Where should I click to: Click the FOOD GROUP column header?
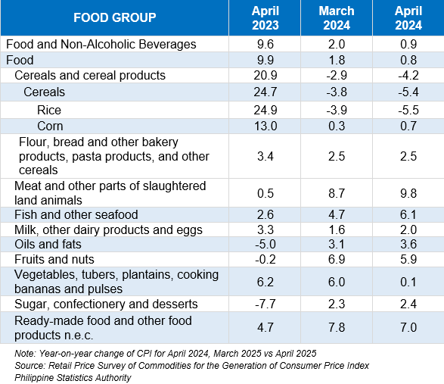pyautogui.click(x=115, y=17)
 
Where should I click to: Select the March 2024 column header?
pyautogui.click(x=337, y=18)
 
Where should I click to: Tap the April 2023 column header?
pyautogui.click(x=265, y=18)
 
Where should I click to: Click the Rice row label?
pyautogui.click(x=49, y=110)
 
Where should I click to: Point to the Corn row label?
pyautogui.click(x=50, y=126)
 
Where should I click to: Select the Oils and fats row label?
pyautogui.click(x=48, y=244)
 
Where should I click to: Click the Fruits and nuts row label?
pyautogui.click(x=54, y=259)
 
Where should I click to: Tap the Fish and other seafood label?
pyautogui.click(x=76, y=214)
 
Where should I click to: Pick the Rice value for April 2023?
pyautogui.click(x=265, y=110)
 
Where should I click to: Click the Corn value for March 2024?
pyautogui.click(x=337, y=126)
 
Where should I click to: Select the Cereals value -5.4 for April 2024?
pyautogui.click(x=408, y=92)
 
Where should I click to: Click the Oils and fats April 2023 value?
pyautogui.click(x=265, y=244)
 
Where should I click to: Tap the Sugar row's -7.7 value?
pyautogui.click(x=265, y=304)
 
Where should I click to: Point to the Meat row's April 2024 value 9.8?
pyautogui.click(x=408, y=193)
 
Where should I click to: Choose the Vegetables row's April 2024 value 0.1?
pyautogui.click(x=408, y=282)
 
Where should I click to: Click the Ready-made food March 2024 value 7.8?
pyautogui.click(x=337, y=327)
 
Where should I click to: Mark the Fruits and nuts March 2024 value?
pyautogui.click(x=337, y=259)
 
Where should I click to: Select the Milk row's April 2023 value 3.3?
pyautogui.click(x=265, y=229)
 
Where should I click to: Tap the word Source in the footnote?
pyautogui.click(x=29, y=366)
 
